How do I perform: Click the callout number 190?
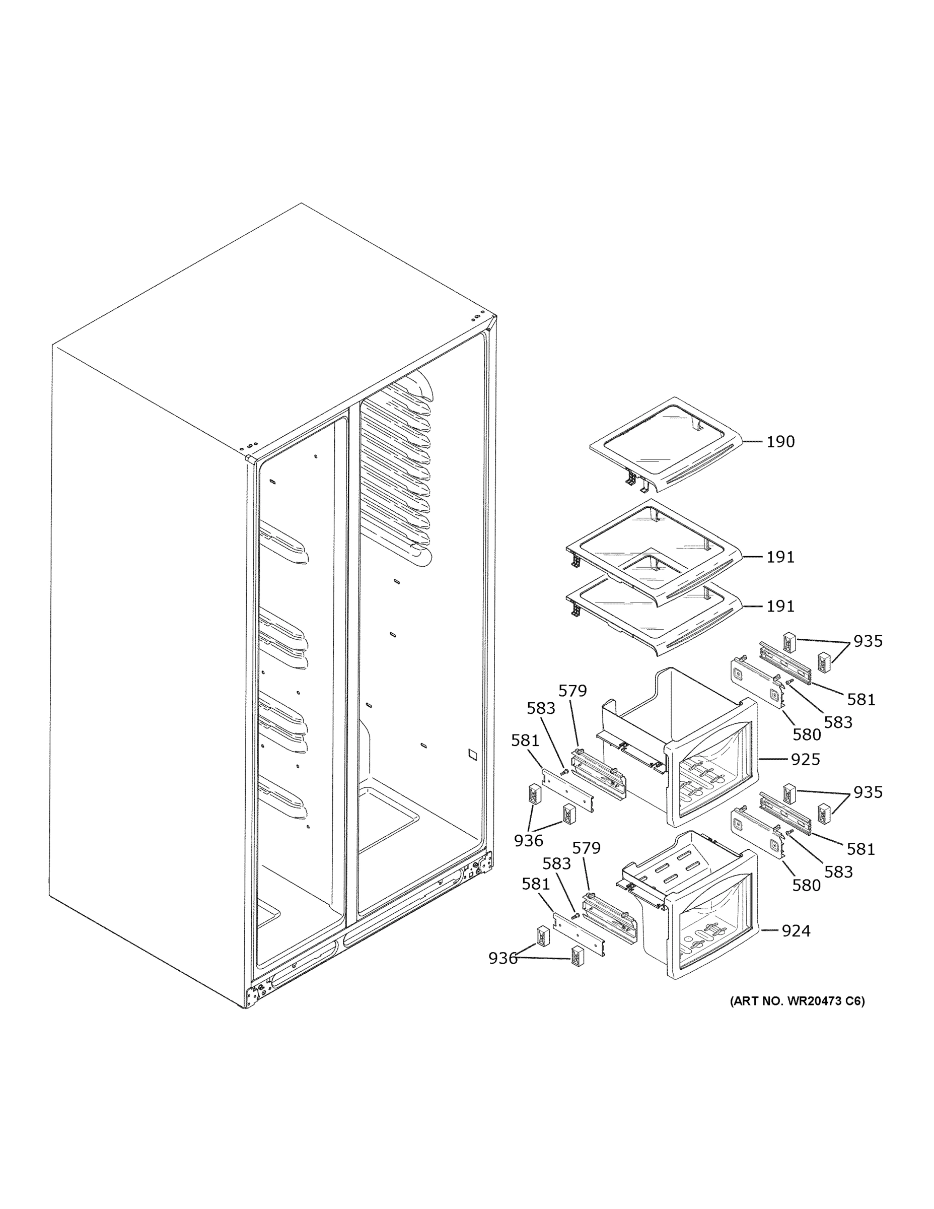tap(779, 442)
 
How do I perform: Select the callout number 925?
tap(805, 760)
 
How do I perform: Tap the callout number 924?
tap(795, 931)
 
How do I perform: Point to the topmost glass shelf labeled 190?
tap(664, 443)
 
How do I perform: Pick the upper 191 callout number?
tap(779, 557)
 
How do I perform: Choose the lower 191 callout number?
tap(779, 606)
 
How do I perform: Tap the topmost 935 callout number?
tap(867, 641)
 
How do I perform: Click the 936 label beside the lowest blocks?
tap(502, 958)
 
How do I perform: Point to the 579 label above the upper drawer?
tap(572, 691)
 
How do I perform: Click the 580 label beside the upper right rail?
tap(806, 734)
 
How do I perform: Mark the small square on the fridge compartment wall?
tap(471, 754)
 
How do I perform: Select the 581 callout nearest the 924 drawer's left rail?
tap(536, 884)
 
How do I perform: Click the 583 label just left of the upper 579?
tap(541, 708)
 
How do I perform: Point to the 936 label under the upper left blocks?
tap(528, 840)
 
